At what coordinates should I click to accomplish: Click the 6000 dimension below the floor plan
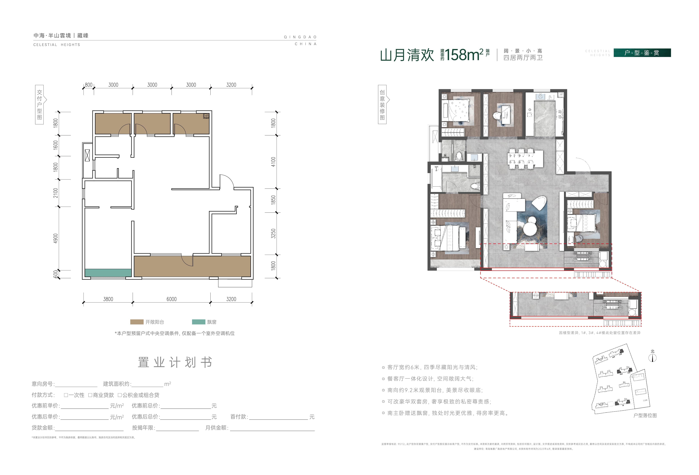click(x=171, y=299)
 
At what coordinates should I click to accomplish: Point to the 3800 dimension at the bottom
click(x=108, y=299)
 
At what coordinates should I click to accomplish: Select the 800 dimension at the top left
click(x=88, y=85)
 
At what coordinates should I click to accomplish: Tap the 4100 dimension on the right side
click(x=273, y=162)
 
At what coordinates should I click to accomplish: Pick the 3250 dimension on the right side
click(x=273, y=233)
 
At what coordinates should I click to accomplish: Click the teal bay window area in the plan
click(x=108, y=273)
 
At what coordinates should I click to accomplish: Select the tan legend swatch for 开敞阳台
click(x=137, y=322)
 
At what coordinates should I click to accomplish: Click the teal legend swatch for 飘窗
click(x=198, y=322)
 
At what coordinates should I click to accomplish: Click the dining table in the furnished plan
click(x=525, y=158)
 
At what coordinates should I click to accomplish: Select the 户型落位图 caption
click(x=645, y=415)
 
